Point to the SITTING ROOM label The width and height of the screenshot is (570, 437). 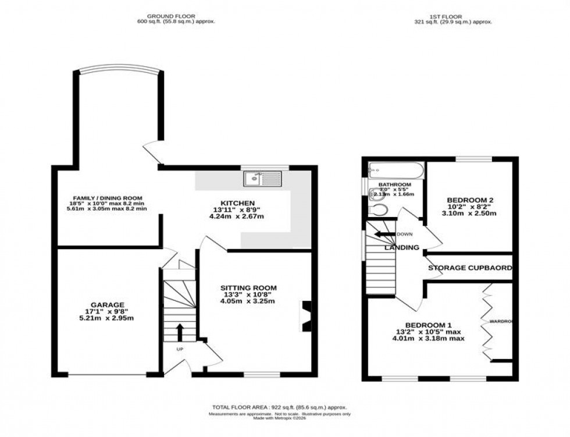coord(248,287)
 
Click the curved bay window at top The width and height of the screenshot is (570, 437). coord(118,71)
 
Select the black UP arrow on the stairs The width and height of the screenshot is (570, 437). coord(179,332)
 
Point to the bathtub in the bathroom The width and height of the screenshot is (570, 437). coord(395,170)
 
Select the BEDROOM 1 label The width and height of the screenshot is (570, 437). coord(427,325)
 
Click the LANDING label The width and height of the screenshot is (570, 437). coord(401,247)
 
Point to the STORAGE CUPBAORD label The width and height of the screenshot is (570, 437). coord(470,268)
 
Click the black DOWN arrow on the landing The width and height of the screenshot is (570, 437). coord(384,235)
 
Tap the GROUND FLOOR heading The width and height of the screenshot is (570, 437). coord(171,16)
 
